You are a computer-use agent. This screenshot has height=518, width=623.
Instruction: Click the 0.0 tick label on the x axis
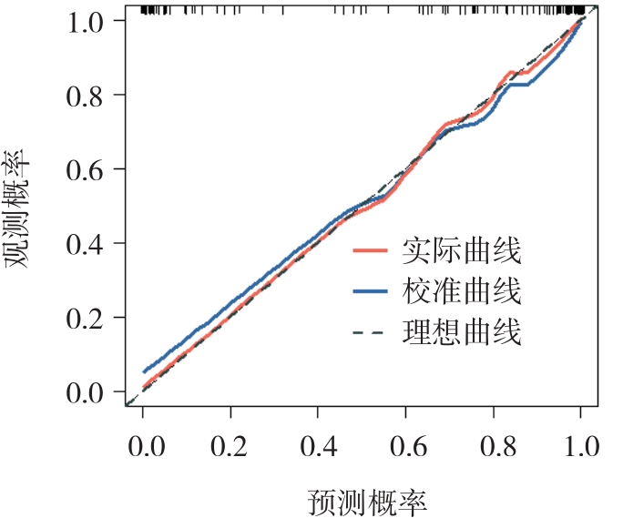143,448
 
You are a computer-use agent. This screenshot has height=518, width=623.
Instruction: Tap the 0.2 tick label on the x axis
230,448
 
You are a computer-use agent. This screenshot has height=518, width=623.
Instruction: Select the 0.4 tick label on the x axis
318,448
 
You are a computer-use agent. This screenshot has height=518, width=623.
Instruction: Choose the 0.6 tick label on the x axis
405,448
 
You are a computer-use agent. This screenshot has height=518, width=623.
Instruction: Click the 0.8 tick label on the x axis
493,448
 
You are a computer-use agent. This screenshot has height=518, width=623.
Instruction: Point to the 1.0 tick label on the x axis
580,448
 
